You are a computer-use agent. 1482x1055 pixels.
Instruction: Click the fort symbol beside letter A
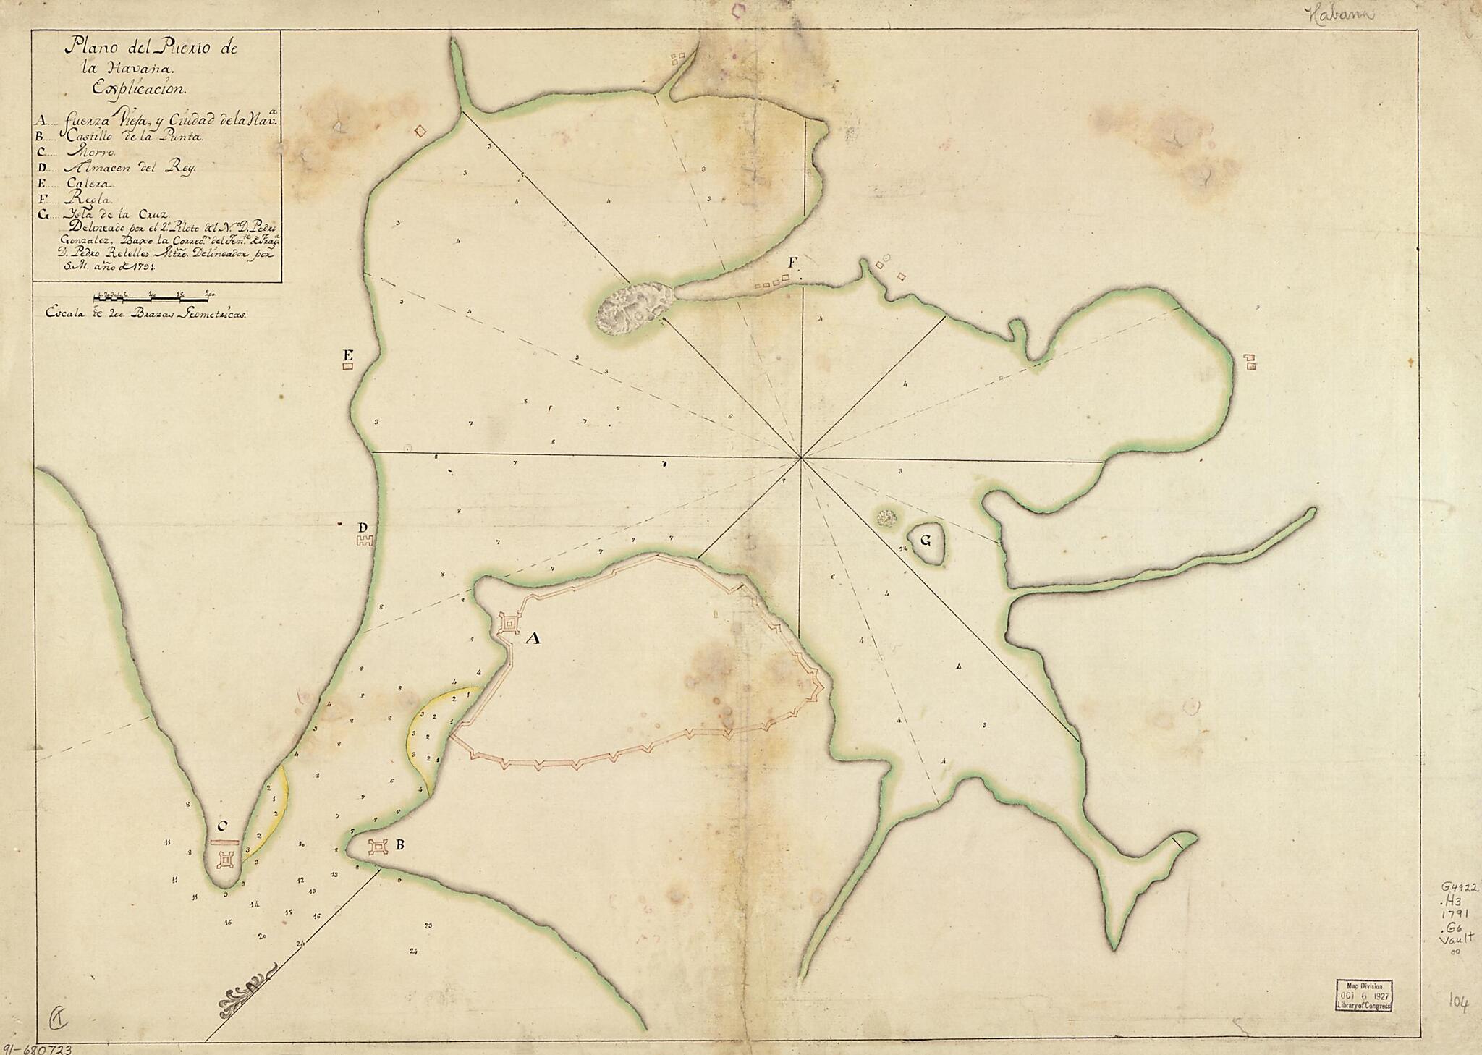(510, 623)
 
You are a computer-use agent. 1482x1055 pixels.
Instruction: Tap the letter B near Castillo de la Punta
(398, 844)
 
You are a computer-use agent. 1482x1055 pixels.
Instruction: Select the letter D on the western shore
(364, 527)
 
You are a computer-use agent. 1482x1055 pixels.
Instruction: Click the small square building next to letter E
(348, 367)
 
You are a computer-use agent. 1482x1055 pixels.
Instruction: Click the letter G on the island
(926, 540)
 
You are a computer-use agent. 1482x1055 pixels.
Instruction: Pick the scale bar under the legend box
(156, 296)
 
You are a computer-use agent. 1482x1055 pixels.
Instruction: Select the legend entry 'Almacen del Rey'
(129, 166)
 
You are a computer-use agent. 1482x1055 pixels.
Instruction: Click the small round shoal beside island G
(885, 517)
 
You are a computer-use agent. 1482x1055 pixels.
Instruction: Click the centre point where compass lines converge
(801, 457)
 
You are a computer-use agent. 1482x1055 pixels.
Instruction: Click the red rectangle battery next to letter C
(224, 842)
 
